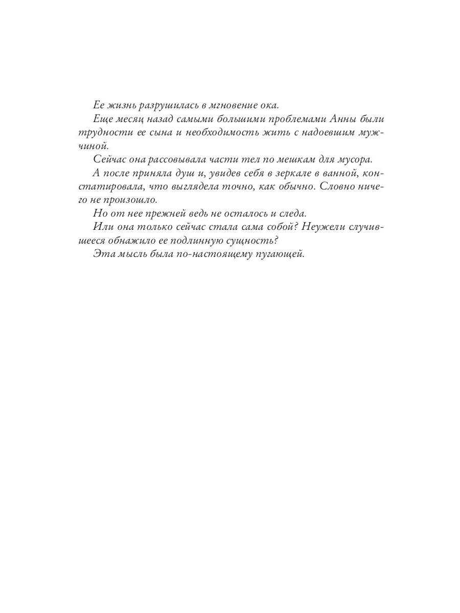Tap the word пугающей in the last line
coord(279,252)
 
